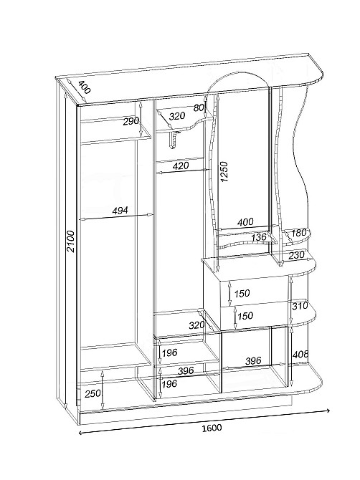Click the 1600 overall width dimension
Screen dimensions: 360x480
212,428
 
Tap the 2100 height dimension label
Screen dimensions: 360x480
71,241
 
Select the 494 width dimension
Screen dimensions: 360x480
120,211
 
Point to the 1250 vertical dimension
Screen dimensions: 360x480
224,171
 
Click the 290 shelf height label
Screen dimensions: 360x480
131,122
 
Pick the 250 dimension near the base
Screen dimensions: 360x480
93,393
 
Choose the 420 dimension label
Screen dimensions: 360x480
181,166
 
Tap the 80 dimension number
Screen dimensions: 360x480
199,107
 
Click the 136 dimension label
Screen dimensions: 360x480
259,237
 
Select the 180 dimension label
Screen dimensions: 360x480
299,233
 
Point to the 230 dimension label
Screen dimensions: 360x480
297,255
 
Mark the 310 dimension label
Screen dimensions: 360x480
300,305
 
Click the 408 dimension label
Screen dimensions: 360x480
300,355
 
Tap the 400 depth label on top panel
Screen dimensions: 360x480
84,87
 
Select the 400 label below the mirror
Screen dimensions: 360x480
245,221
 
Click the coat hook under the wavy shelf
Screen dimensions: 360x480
174,139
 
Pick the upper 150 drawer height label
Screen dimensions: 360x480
242,294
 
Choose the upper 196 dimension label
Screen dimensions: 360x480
169,352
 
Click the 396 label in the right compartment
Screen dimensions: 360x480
253,360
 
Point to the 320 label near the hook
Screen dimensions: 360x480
177,116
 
